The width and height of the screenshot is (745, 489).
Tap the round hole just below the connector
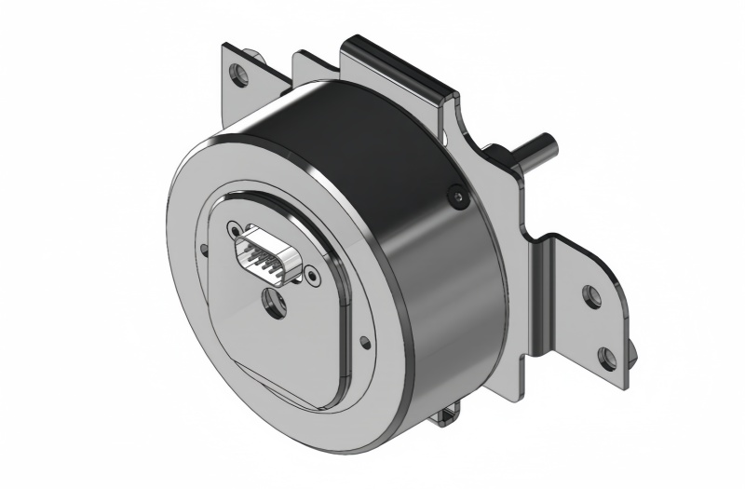click(275, 302)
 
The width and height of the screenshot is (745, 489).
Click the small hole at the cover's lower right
click(364, 343)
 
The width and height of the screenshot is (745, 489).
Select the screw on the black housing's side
click(455, 197)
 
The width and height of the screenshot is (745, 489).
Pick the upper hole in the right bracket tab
click(589, 296)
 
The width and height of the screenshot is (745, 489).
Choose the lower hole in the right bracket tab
click(606, 356)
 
